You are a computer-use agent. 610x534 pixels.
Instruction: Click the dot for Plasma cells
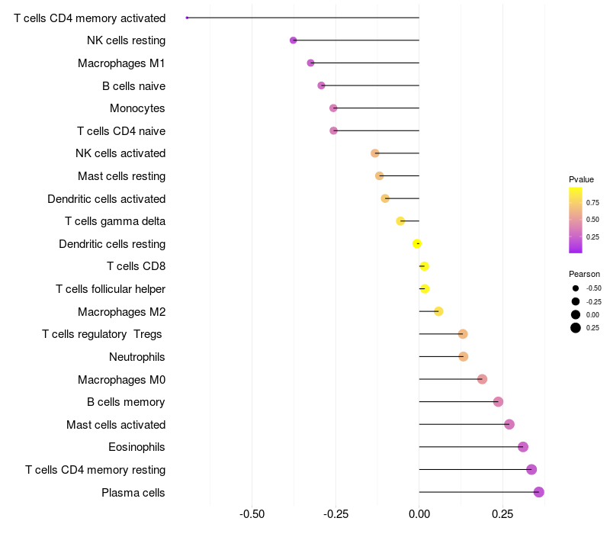(539, 492)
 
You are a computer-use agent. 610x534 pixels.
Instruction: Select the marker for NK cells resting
(294, 40)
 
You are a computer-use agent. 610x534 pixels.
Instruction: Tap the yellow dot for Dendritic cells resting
(417, 243)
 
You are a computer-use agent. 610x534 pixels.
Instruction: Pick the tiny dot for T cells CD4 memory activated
(187, 18)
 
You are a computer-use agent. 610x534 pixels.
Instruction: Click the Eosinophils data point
(523, 447)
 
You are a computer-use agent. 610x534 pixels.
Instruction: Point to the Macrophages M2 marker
(438, 311)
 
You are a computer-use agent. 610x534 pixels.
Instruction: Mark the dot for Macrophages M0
(482, 379)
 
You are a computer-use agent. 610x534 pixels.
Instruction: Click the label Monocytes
(137, 108)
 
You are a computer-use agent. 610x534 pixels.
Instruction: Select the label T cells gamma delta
(115, 221)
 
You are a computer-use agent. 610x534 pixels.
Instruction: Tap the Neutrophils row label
(137, 357)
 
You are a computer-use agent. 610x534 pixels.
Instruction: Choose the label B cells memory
(126, 402)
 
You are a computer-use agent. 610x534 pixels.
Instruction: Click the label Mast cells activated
(116, 424)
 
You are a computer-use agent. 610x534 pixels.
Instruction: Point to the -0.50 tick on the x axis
(252, 514)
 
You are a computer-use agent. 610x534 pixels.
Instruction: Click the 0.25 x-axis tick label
(502, 514)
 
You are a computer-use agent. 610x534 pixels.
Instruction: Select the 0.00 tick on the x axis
(419, 514)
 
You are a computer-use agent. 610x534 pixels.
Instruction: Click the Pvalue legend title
(581, 179)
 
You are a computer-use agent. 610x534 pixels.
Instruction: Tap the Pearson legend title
(584, 274)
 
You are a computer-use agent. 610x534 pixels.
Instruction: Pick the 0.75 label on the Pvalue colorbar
(592, 202)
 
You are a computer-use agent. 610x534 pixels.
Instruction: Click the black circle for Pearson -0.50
(576, 288)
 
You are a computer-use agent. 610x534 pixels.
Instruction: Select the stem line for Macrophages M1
(365, 63)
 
